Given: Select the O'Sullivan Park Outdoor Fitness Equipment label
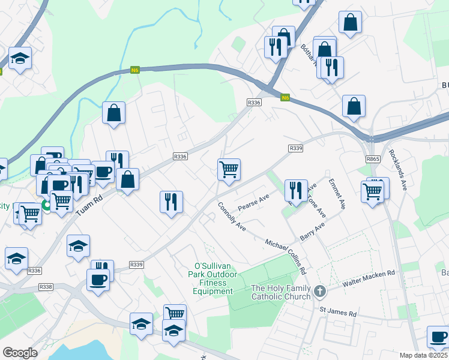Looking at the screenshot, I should click(x=213, y=278).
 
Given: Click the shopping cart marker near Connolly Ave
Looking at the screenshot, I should click(x=229, y=170).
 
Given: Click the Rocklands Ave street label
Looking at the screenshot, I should click(x=398, y=170).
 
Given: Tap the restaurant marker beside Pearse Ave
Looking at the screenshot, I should click(x=295, y=190).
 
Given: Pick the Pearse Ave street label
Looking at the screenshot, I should click(x=253, y=203).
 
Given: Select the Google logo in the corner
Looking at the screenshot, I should click(x=20, y=352).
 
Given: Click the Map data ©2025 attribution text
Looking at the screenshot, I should click(x=424, y=355).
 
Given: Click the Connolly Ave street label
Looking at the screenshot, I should click(x=232, y=217).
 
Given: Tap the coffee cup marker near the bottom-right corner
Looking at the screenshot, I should click(x=438, y=337).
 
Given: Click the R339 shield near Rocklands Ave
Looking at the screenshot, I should click(x=295, y=148).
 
